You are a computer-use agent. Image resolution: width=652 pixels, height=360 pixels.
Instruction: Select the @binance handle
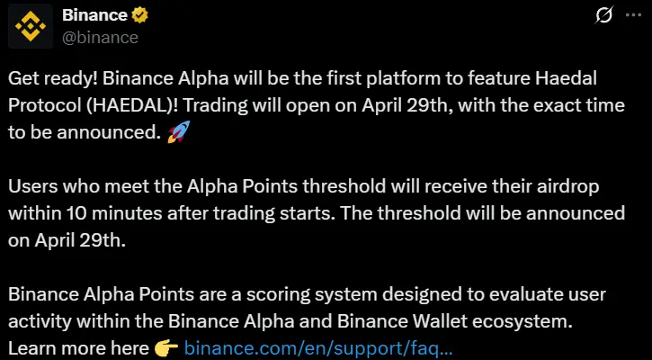(100, 38)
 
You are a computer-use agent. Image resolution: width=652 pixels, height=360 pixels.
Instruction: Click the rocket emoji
(178, 134)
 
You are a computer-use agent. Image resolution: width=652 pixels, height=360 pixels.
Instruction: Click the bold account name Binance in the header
(94, 16)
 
